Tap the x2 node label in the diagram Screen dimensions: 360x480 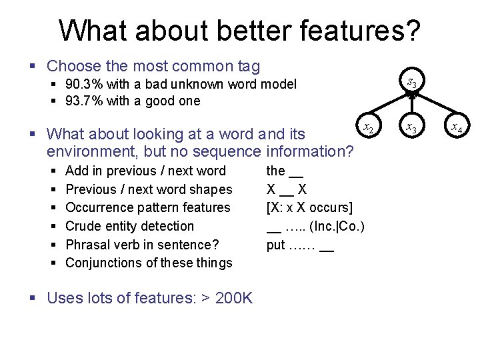(x=367, y=127)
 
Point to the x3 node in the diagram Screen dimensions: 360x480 (x=413, y=127)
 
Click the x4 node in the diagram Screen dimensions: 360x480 (x=457, y=127)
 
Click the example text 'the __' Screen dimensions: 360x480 (x=285, y=171)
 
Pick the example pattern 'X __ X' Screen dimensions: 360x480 (x=287, y=189)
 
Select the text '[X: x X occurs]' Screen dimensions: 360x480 (x=309, y=208)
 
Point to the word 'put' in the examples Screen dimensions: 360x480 (x=276, y=245)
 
